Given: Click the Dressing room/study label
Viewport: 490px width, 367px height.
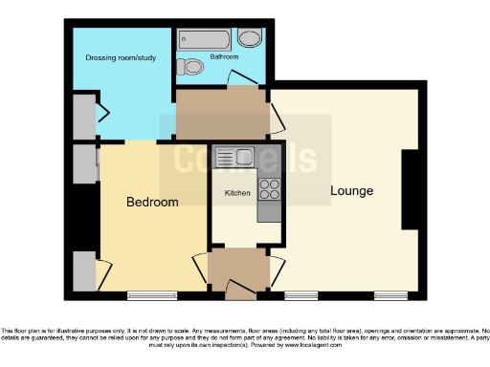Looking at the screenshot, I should click(x=122, y=57).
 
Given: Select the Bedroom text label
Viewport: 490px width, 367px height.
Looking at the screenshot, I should click(x=152, y=203).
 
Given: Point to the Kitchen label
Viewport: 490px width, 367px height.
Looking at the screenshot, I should click(x=237, y=193).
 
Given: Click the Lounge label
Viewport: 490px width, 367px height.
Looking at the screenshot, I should click(x=351, y=191).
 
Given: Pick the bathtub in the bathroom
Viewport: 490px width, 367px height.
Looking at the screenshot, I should click(x=204, y=39).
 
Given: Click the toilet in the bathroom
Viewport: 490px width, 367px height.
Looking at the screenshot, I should click(x=192, y=67).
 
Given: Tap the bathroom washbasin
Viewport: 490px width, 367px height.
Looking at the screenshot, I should click(x=250, y=38).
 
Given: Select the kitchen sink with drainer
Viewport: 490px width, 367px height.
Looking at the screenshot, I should click(x=234, y=157).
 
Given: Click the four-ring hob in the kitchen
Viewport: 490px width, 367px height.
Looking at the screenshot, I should click(x=269, y=187).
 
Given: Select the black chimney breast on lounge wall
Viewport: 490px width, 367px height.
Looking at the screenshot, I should click(x=410, y=190).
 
